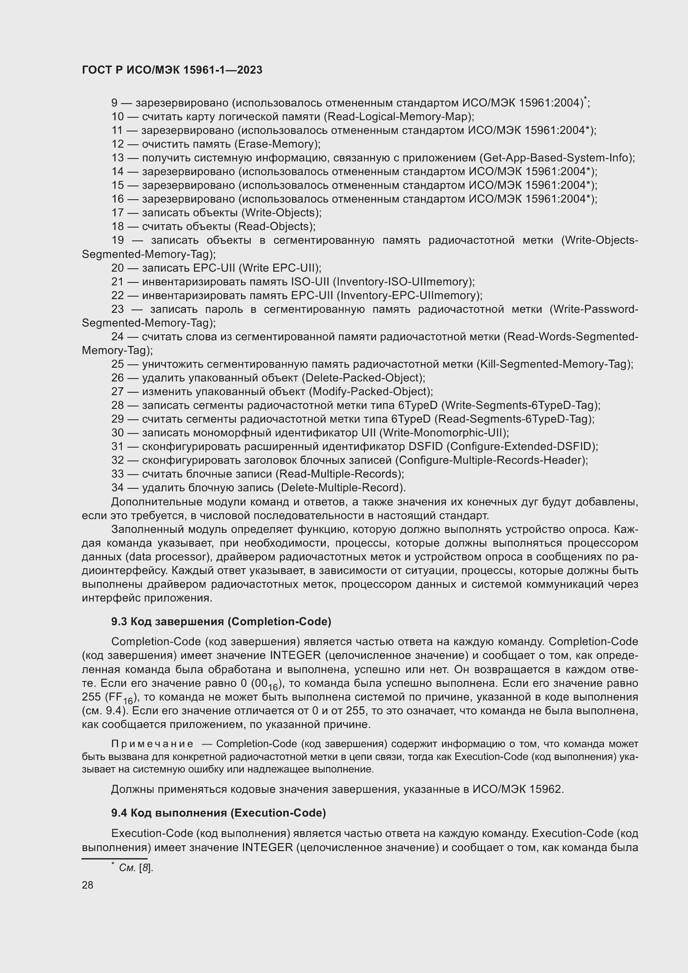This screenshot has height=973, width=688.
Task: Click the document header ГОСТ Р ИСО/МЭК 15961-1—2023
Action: coord(172,70)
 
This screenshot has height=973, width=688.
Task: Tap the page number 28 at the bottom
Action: coord(88,885)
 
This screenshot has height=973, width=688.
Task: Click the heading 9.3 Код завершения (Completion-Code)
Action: coord(221,621)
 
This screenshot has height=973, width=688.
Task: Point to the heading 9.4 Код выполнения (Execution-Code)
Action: coord(219,812)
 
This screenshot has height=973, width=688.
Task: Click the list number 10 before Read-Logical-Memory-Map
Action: coord(118,116)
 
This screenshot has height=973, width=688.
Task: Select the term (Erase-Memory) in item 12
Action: coord(277,144)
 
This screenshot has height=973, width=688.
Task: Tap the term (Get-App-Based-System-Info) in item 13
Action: coord(557,158)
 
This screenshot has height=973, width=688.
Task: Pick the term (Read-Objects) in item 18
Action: coord(275,226)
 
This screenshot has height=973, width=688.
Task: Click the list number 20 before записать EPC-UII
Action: coord(118,268)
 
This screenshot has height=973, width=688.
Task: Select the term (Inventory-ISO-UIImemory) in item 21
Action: coord(404,281)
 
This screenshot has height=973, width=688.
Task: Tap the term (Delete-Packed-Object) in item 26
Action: coord(363,378)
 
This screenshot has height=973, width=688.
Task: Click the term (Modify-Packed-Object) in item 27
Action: coord(370,391)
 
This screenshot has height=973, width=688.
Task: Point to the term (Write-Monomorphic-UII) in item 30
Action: coord(443,433)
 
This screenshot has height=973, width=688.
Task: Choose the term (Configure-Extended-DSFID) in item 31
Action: coord(522,446)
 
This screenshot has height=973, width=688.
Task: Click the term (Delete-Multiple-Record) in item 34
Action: coord(341,488)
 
